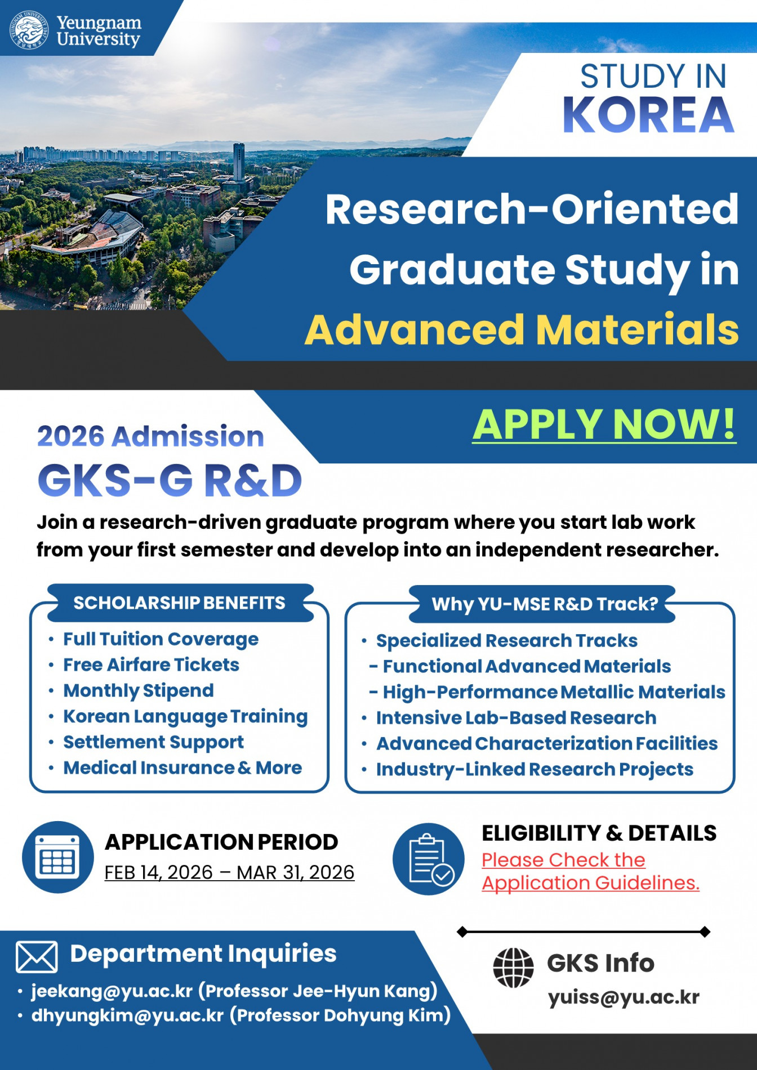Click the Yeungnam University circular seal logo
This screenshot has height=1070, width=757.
tap(28, 30)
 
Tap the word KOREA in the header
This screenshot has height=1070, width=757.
tap(648, 115)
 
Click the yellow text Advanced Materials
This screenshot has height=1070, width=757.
tap(522, 330)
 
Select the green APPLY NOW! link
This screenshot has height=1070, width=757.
tap(604, 424)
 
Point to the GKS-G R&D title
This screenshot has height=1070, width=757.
tap(170, 481)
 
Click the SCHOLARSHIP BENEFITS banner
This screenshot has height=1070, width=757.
tap(179, 603)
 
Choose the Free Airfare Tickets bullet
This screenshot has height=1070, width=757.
tap(151, 665)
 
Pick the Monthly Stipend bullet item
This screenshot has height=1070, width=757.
tap(139, 691)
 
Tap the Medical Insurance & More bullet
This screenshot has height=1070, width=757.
tap(182, 768)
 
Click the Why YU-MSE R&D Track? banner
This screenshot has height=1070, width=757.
tap(544, 604)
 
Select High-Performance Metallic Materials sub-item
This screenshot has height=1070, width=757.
tap(554, 692)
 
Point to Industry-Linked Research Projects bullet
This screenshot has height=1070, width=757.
tap(535, 770)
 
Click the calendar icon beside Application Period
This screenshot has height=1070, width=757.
tap(57, 857)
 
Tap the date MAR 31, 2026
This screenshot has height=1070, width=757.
tap(296, 872)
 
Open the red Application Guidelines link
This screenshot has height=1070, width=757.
tap(590, 883)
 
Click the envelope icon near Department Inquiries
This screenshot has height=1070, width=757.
tap(37, 957)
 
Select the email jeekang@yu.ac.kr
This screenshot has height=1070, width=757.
tap(112, 991)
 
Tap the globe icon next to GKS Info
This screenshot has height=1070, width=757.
tap(513, 968)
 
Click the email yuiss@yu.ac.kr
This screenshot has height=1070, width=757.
tap(624, 997)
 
